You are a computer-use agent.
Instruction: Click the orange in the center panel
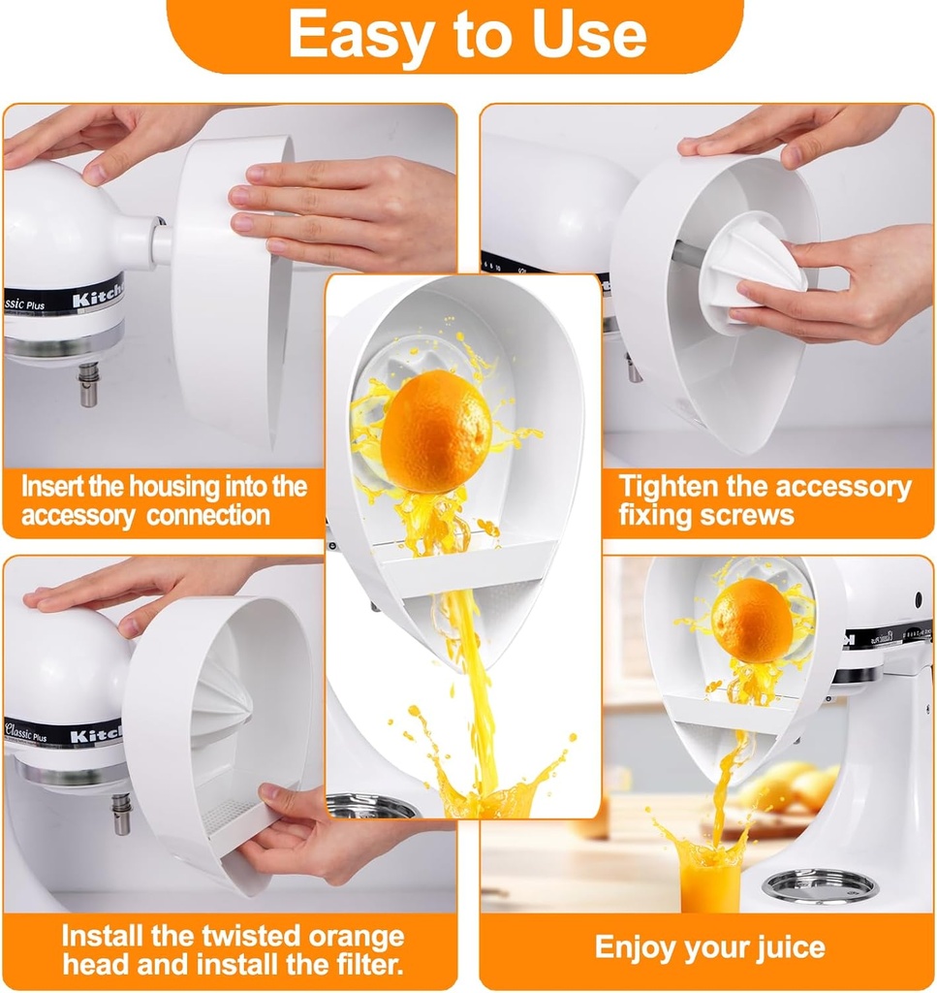click(x=436, y=432)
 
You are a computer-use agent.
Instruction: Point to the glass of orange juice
click(x=709, y=878)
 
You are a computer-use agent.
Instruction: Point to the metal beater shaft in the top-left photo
click(x=89, y=384)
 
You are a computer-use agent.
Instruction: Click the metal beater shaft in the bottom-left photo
click(x=120, y=813)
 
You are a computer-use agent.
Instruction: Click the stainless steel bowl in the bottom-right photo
click(x=819, y=884)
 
